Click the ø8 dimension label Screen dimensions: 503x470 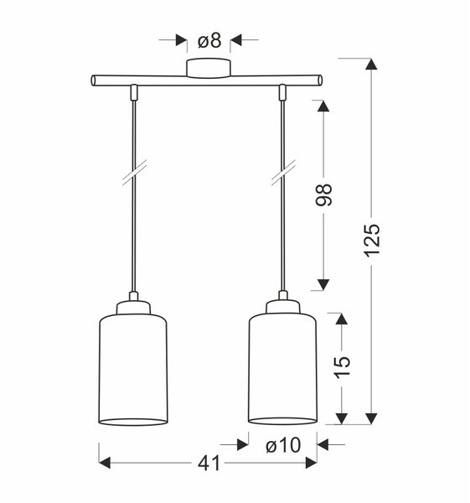pos(208,39)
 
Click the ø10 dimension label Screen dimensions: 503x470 pos(282,445)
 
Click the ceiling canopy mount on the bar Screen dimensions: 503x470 pos(208,69)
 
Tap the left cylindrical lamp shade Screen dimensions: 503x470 pos(132,369)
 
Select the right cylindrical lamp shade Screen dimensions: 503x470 pos(282,369)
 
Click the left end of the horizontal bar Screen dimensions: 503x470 pos(96,81)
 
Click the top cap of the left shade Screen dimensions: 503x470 pos(132,306)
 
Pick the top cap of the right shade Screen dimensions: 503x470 pos(282,306)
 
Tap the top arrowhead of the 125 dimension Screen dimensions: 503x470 pos(372,65)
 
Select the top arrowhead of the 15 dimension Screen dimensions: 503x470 pos(340,319)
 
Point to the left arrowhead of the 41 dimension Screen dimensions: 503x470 pos(105,463)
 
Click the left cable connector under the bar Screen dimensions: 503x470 pos(132,91)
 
